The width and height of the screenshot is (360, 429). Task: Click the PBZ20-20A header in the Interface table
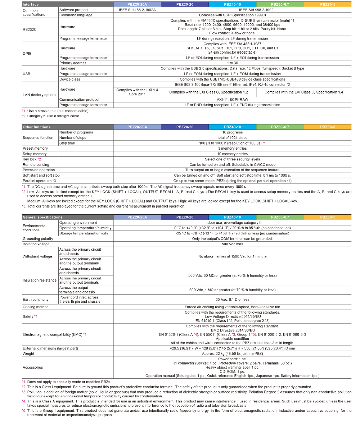click(137, 4)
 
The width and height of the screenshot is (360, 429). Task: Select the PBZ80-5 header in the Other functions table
click(327, 127)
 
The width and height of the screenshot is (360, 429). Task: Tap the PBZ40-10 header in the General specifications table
click(232, 217)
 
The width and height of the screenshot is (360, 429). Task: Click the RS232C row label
click(30, 29)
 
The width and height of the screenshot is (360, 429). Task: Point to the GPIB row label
click(27, 53)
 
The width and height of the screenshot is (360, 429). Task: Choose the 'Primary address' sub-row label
click(73, 63)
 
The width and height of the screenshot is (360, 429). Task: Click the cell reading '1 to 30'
click(232, 63)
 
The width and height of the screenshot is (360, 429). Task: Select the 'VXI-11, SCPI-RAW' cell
click(232, 100)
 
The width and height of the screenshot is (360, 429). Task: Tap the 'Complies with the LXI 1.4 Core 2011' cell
click(137, 92)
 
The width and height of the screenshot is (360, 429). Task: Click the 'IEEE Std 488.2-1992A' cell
click(137, 10)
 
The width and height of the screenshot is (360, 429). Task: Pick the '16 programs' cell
click(232, 132)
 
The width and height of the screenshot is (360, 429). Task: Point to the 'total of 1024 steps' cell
click(232, 138)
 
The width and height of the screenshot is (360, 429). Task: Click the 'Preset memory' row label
click(35, 149)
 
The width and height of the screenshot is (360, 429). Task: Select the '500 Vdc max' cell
click(232, 244)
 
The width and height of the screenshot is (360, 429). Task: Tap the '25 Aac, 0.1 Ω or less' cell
click(232, 300)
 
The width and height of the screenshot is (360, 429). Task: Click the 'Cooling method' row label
click(35, 307)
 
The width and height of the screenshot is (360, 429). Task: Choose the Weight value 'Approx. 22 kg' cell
click(232, 353)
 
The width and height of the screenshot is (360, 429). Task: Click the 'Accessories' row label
click(33, 367)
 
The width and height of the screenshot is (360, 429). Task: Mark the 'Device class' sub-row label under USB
click(69, 79)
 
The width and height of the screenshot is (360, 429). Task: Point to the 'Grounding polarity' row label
click(38, 239)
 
